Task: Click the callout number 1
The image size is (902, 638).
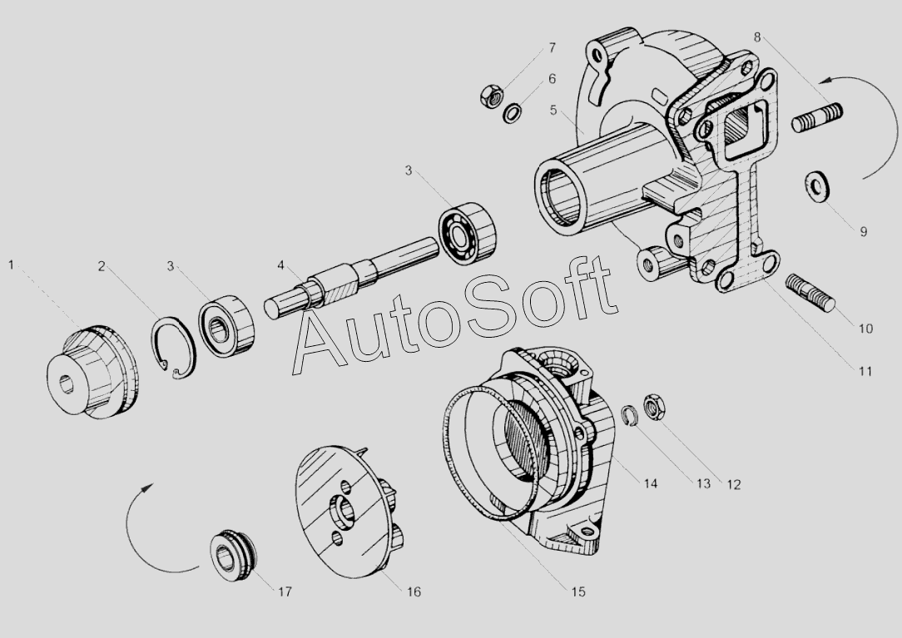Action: coord(11,265)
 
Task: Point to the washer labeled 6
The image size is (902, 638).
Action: coord(513,112)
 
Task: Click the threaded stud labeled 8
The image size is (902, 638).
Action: coord(817,116)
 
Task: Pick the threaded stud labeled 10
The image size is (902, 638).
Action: coord(810,292)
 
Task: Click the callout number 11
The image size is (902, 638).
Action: coord(865,372)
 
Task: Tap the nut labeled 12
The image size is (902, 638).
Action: coord(654,406)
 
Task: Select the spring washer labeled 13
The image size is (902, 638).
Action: coord(631,416)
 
